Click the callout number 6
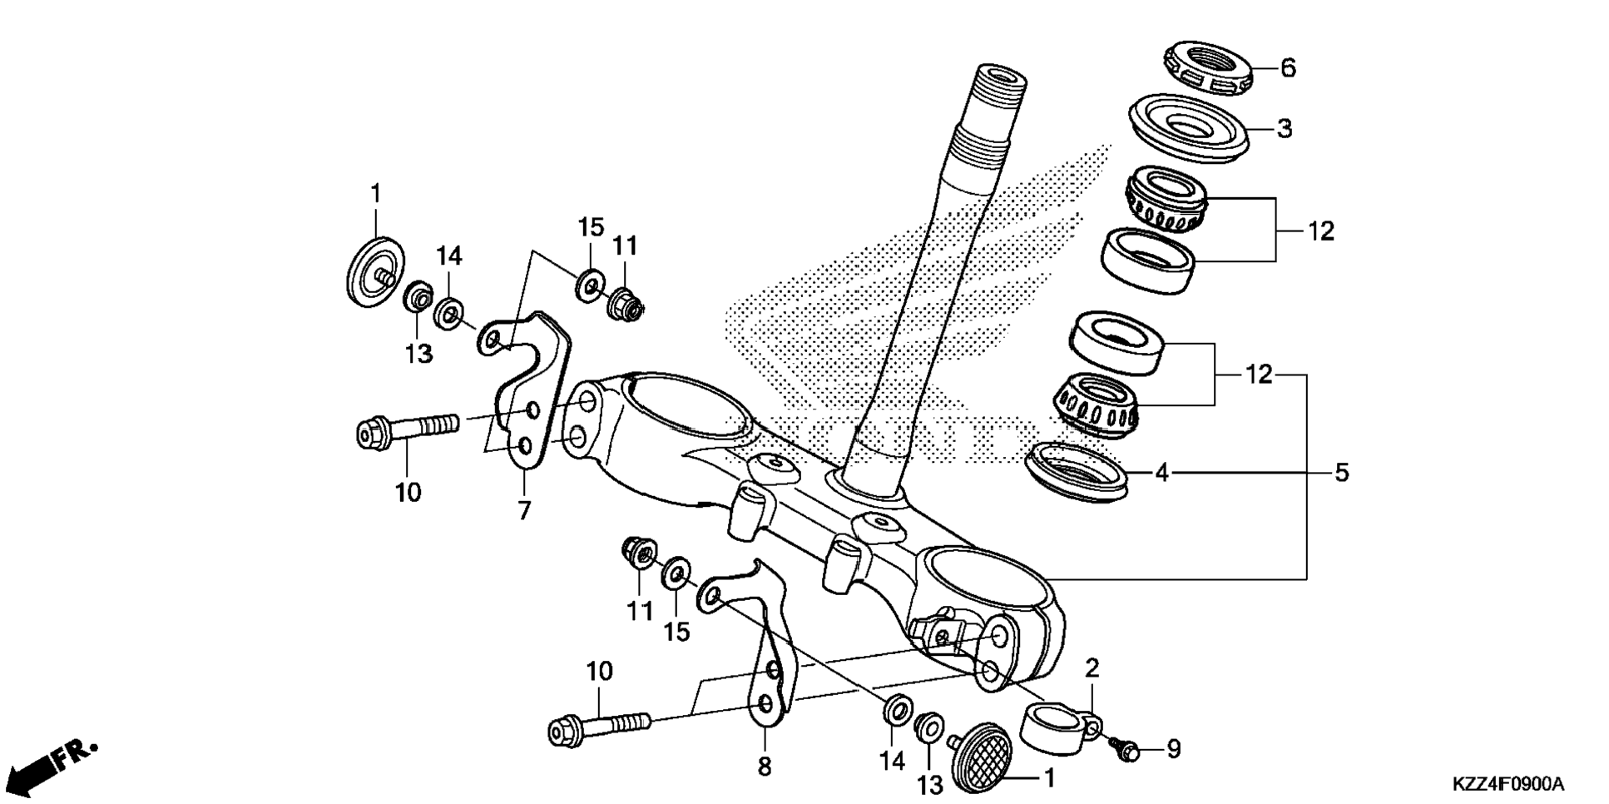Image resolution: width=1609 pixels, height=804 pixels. [x=1288, y=67]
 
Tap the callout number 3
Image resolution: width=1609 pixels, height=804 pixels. [x=1285, y=129]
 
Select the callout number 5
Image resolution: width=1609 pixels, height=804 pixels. [x=1341, y=473]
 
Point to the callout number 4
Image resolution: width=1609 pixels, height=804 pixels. [x=1162, y=473]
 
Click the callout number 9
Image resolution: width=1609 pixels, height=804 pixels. [x=1173, y=749]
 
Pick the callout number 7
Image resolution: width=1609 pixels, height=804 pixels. [x=524, y=509]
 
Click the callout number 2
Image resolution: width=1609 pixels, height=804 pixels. [x=1092, y=668]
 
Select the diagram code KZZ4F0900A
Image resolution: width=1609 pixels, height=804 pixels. [x=1508, y=784]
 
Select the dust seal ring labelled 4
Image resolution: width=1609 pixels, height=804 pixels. [x=1078, y=472]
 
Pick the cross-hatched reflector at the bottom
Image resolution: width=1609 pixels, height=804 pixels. [x=983, y=757]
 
